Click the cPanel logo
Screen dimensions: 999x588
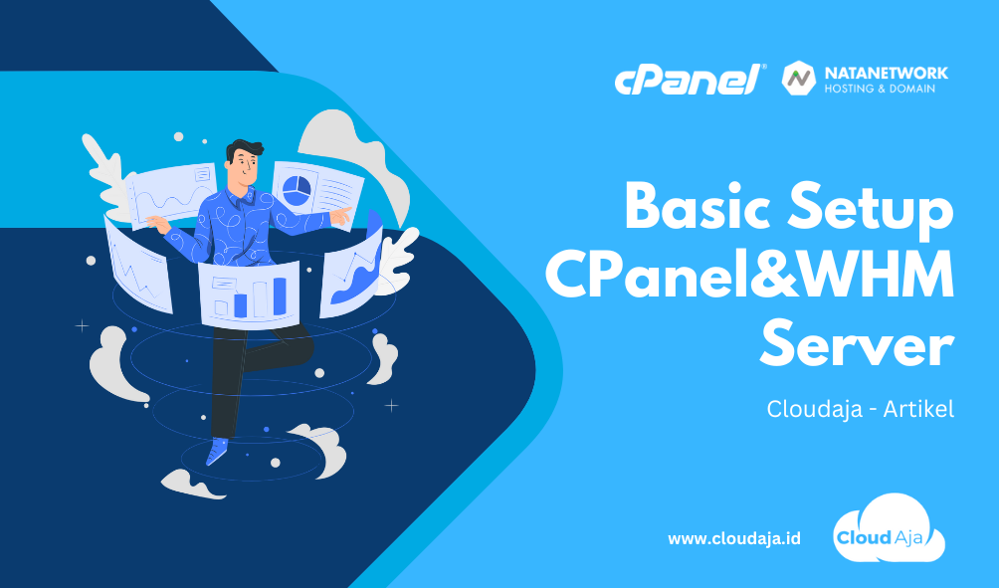point(691,80)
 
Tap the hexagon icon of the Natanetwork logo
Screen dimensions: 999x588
point(799,79)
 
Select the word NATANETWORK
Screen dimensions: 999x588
point(887,73)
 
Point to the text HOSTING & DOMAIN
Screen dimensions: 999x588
point(880,89)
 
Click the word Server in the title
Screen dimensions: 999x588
point(857,345)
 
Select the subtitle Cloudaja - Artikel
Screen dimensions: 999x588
point(860,408)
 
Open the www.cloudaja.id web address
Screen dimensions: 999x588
point(734,539)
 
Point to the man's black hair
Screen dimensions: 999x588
point(245,150)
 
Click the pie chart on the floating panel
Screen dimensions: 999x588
point(296,189)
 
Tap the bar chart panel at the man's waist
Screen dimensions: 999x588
point(249,294)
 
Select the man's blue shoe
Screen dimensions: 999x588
point(217,451)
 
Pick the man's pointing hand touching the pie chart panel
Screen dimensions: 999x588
point(341,215)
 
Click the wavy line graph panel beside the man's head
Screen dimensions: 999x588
point(172,194)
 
